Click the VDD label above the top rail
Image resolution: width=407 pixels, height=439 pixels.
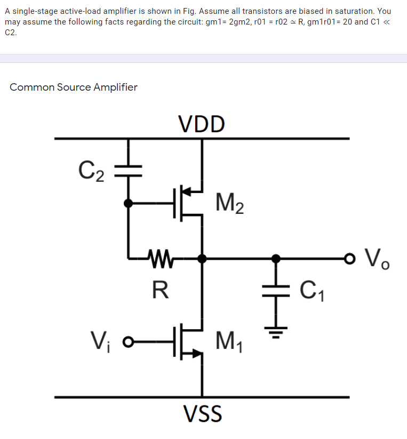click(202, 124)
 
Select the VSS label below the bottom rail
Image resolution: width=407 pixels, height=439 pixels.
click(202, 413)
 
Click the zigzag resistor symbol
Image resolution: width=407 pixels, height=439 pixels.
click(157, 259)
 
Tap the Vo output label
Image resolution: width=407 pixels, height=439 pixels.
click(377, 260)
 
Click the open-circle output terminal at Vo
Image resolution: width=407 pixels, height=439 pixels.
click(349, 259)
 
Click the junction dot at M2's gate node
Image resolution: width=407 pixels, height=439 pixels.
click(128, 203)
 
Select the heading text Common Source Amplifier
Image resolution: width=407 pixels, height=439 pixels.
click(74, 87)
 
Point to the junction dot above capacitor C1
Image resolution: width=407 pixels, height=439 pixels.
click(276, 259)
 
